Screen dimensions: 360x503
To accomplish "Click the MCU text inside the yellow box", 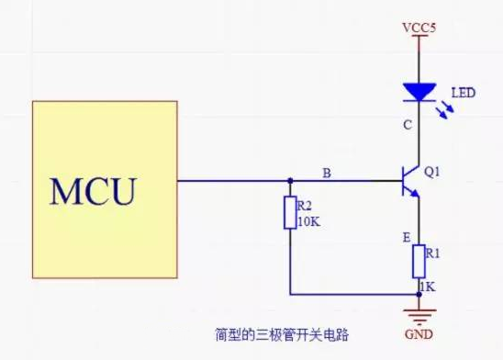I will tap(93, 191).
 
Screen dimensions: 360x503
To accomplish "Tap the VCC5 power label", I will tap(418, 28).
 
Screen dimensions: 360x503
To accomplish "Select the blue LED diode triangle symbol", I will tap(418, 92).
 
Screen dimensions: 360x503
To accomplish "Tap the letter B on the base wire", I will tap(327, 171).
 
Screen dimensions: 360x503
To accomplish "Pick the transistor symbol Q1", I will tap(410, 180).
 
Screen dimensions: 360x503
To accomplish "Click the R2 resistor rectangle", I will tap(290, 213).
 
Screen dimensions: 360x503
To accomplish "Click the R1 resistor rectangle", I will tap(418, 261).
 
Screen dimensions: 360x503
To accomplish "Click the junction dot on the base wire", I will tap(290, 180).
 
